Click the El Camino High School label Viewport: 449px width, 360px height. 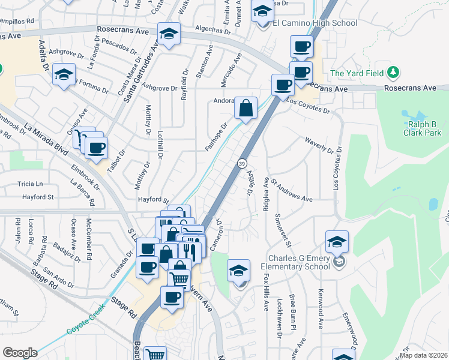coord(315,23)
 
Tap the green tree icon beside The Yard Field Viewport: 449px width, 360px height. coord(393,73)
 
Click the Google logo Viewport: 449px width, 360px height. coord(19,353)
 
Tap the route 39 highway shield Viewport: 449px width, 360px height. coord(241,163)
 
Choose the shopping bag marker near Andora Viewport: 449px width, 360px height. coord(246,109)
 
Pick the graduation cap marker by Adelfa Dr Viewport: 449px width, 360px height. coord(64,75)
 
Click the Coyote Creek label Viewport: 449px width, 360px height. coord(85,319)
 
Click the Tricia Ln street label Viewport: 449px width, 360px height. coord(31,184)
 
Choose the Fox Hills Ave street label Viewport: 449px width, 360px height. coord(267,292)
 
